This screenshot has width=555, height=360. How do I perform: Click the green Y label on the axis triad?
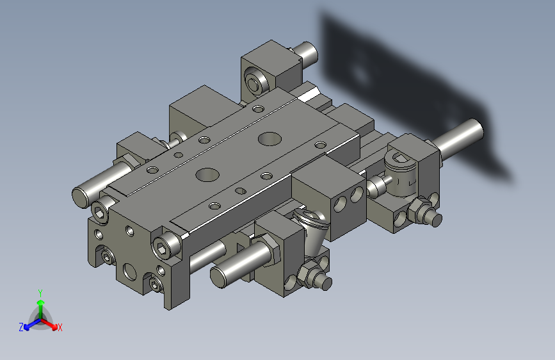coord(40,292)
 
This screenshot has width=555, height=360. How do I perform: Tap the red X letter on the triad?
coord(60,328)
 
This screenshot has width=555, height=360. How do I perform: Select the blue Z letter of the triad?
coord(21,327)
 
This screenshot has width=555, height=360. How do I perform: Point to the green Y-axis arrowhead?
coord(40,302)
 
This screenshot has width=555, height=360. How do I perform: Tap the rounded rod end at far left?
coord(81,196)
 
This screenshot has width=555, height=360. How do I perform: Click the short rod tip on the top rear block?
coord(308,51)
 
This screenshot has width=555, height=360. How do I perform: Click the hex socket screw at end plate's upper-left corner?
coord(103,211)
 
